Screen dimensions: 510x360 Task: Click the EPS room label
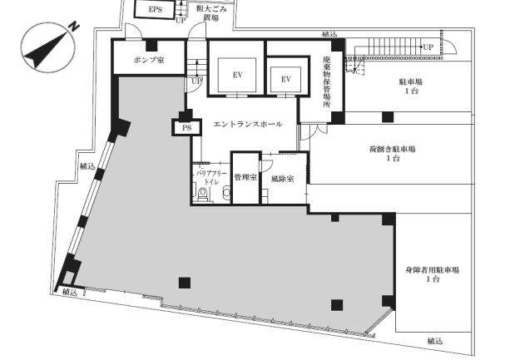point(155,9)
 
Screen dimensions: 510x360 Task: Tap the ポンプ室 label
point(149,60)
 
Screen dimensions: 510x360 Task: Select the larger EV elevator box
point(237,75)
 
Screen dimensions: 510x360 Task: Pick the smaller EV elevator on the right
point(285,79)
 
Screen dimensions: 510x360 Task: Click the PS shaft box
point(186,128)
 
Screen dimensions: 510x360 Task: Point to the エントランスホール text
point(248,124)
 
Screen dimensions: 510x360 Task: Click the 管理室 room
point(245,178)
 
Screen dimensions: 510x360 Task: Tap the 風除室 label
point(282,179)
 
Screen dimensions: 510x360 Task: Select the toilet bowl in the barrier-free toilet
point(203,194)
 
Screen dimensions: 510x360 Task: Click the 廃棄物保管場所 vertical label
point(326,81)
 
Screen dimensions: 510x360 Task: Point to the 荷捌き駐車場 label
point(393,150)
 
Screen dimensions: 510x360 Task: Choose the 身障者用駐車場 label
point(433,270)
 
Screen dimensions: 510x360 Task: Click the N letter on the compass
point(75,27)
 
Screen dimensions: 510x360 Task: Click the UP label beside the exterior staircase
point(428,47)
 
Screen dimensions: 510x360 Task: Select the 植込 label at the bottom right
point(435,341)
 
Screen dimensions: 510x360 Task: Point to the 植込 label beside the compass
point(87,166)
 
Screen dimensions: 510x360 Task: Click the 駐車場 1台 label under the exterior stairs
point(411,86)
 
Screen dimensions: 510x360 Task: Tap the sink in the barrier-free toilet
point(226,193)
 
